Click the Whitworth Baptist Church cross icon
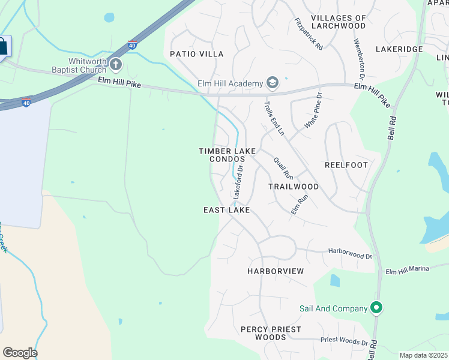(116, 64)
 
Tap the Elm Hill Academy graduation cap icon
(273, 83)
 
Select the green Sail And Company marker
(376, 308)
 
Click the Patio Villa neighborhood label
(196, 54)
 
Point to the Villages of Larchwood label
(339, 22)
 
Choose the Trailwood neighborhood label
(294, 187)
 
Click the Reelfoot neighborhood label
(346, 164)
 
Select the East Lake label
(226, 210)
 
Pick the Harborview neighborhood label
(276, 271)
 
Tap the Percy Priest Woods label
(271, 333)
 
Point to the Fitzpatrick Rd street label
(309, 34)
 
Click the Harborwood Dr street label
(350, 253)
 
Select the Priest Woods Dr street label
(344, 341)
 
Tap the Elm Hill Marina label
(408, 269)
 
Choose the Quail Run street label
(283, 168)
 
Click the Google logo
(20, 353)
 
